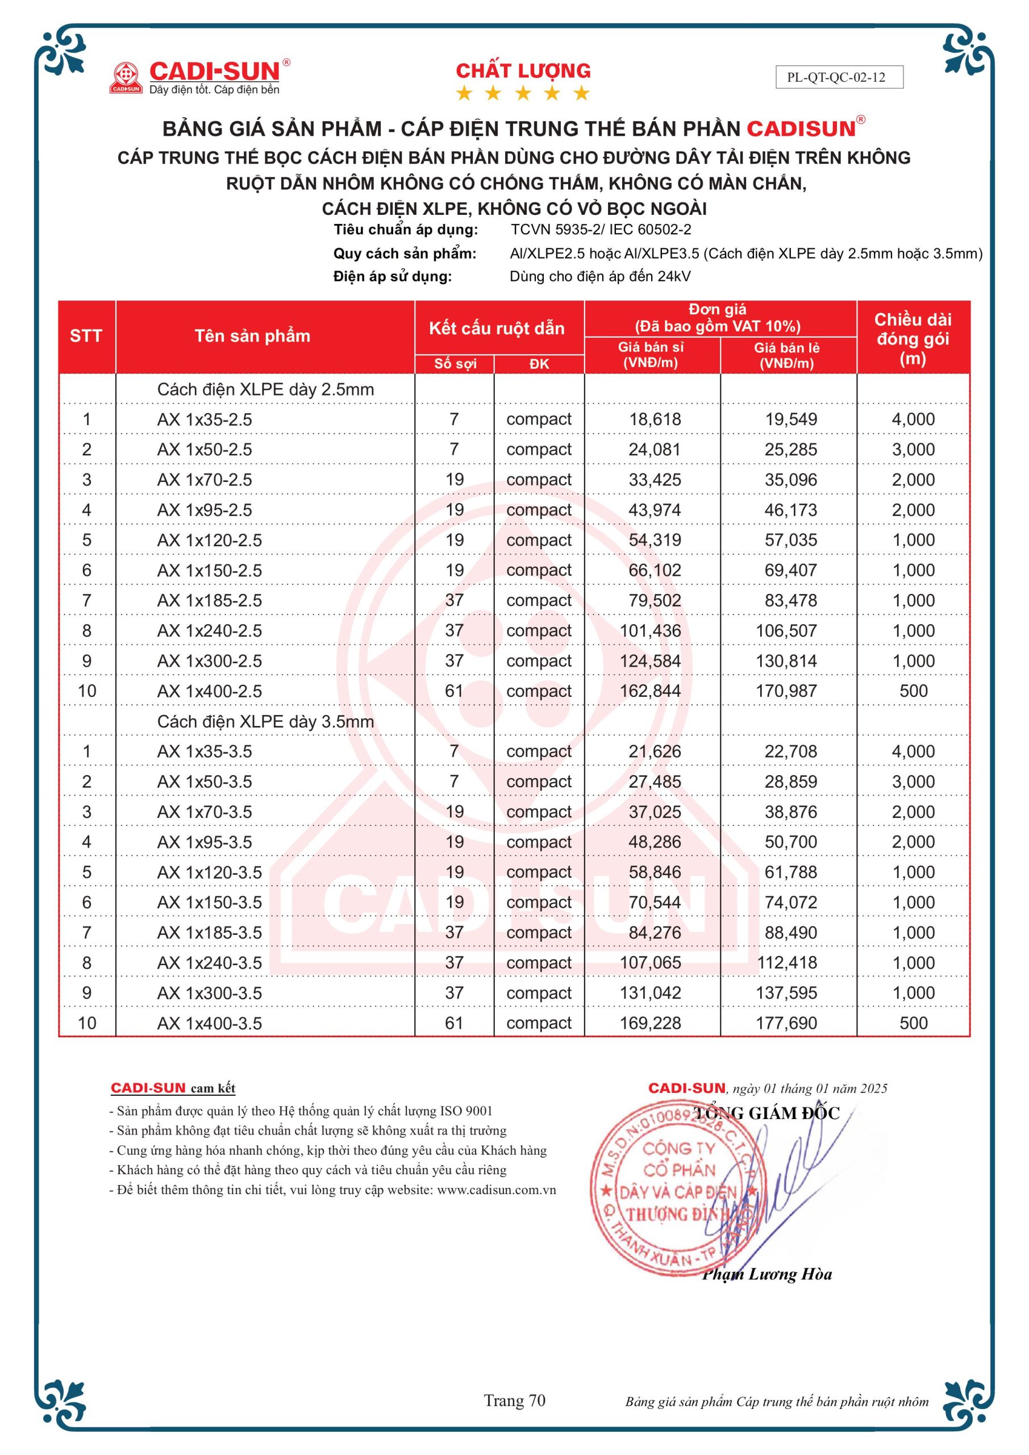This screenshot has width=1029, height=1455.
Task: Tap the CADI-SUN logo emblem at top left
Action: pos(126,77)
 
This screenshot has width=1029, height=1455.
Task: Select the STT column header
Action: pos(86,336)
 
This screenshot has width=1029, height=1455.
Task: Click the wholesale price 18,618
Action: pos(655,419)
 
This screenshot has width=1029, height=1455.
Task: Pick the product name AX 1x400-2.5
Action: pos(209,691)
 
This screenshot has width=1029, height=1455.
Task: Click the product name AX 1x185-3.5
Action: pos(209,932)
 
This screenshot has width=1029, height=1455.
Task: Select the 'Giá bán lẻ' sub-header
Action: pos(786,355)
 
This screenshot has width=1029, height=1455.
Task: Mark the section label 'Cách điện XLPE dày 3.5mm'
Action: pos(265,721)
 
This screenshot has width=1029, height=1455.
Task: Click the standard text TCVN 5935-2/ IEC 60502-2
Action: pos(601,230)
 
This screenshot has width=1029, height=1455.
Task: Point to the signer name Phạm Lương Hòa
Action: pos(766,1274)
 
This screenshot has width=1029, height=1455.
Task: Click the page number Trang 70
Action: pos(515,1400)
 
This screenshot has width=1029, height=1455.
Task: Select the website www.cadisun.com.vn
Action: pos(496,1190)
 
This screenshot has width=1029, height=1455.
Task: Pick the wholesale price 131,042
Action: pos(650,992)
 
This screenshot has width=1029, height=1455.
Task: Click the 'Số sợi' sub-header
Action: pos(455,364)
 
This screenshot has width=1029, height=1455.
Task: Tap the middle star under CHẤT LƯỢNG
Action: pos(523,94)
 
